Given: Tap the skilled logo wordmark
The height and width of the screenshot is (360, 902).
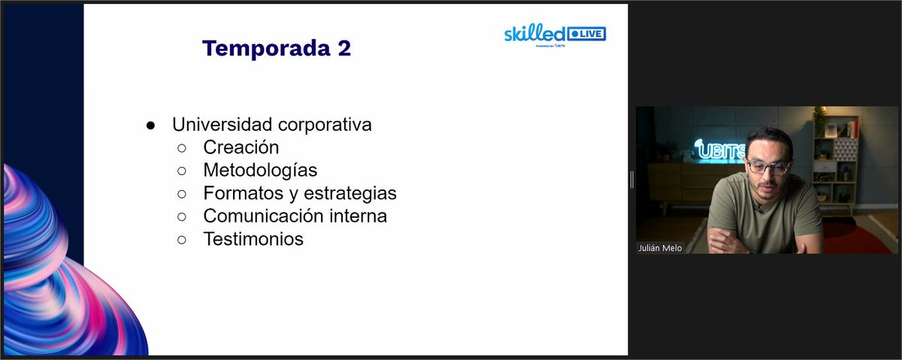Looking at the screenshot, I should point(534,33).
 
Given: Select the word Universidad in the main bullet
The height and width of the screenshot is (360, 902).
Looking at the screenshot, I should point(217,124).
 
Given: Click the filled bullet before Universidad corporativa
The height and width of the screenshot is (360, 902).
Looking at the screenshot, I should point(150,125).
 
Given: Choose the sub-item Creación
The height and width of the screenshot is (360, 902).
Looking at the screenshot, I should point(241,147).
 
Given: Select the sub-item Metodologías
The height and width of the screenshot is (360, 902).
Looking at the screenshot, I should point(260,171).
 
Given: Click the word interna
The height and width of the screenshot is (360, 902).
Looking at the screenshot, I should point(358,216).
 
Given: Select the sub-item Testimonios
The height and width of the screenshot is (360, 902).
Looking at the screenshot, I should point(253,240).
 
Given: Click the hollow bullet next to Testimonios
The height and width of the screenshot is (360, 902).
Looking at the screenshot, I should point(181,241).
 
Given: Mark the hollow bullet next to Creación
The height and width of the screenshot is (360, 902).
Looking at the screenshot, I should point(181,148).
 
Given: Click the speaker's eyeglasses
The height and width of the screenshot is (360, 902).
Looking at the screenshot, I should point(767,166).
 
